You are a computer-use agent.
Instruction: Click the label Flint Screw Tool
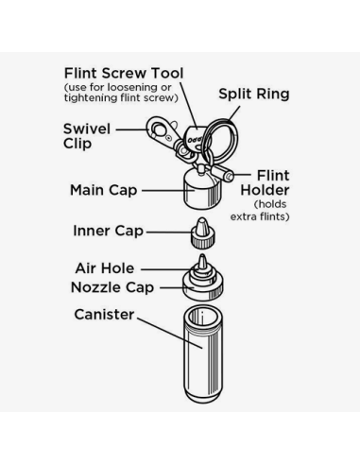pyautogui.click(x=124, y=74)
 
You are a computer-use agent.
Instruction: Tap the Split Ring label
pyautogui.click(x=254, y=94)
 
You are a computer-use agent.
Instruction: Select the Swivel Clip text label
pyautogui.click(x=87, y=136)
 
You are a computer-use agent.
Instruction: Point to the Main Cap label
pyautogui.click(x=103, y=190)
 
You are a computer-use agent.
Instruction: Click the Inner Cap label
pyautogui.click(x=108, y=231)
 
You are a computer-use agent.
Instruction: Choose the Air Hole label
pyautogui.click(x=105, y=268)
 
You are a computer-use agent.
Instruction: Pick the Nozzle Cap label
pyautogui.click(x=112, y=287)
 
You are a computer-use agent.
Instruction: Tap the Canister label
pyautogui.click(x=104, y=315)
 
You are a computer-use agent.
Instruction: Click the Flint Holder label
pyautogui.click(x=265, y=182)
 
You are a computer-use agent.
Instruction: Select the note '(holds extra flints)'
pyautogui.click(x=260, y=211)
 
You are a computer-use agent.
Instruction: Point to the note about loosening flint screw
pyautogui.click(x=121, y=93)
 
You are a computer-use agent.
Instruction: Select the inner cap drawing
pyautogui.click(x=202, y=233)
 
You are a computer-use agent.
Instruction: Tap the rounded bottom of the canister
pyautogui.click(x=203, y=398)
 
